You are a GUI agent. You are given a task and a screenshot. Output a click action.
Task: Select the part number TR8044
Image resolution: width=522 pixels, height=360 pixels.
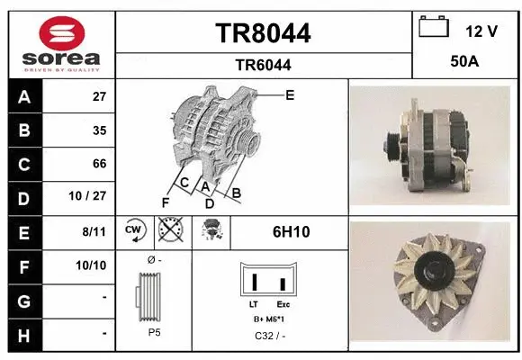264,33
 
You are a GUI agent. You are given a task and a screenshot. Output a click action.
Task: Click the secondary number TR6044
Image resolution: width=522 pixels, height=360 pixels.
263,65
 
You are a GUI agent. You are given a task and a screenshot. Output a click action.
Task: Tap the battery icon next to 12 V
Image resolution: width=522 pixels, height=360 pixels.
435,29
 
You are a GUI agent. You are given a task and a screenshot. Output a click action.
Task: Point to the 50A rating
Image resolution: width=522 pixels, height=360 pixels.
465,64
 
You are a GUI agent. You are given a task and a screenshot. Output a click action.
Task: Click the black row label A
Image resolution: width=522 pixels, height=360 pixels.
23,97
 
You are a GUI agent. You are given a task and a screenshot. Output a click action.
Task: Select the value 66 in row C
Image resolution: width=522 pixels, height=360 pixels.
99,164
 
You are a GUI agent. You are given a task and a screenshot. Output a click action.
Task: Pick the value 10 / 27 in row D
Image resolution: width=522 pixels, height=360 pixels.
92,197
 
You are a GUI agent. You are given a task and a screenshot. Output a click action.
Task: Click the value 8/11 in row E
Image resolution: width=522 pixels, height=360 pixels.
94,231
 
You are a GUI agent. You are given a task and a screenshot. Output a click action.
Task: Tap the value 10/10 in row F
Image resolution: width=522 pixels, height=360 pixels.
94,265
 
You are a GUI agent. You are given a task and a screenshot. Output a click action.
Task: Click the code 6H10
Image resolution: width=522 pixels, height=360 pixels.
291,231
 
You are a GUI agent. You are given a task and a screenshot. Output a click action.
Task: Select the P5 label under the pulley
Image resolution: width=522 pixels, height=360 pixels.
154,331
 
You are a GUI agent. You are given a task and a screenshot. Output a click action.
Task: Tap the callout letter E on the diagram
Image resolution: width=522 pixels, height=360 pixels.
290,94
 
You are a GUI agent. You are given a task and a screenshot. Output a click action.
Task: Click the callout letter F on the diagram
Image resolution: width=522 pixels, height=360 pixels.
165,202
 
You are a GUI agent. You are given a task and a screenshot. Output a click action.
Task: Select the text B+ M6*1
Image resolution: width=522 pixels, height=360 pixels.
269,320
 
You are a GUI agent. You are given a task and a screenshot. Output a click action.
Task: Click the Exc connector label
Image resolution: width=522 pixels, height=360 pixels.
283,304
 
